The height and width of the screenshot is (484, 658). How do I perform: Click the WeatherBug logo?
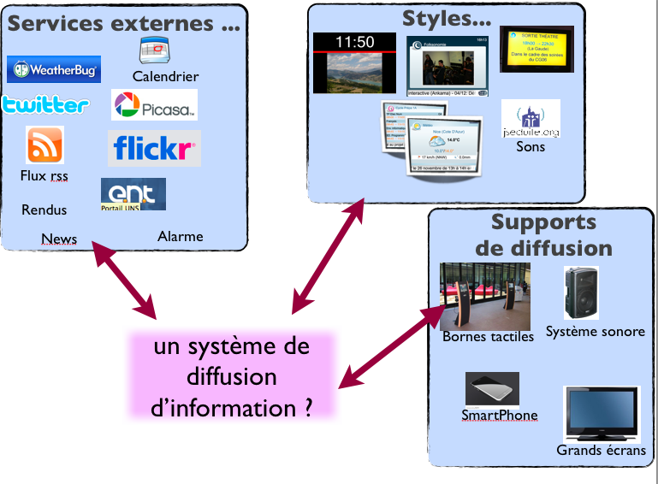54,69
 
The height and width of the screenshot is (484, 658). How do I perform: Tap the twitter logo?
45,105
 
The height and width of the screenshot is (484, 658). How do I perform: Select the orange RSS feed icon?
44,145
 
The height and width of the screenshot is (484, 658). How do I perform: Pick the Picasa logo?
155,105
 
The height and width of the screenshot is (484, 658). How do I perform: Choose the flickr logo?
155,149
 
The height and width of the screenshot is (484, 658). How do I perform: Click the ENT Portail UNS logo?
133,194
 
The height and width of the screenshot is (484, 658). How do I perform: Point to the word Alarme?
180,236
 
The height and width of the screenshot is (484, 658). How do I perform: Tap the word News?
58,239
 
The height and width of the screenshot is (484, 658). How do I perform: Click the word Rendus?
44,210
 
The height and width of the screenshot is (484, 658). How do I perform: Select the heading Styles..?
447,17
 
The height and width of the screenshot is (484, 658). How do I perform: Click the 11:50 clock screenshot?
354,62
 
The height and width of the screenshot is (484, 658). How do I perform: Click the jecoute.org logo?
531,119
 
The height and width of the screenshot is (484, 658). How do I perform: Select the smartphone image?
492,389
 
